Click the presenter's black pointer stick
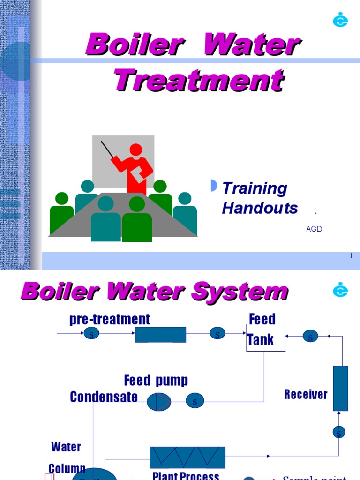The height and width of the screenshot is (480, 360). pos(107,149)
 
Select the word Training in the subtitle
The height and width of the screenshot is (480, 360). pos(255,188)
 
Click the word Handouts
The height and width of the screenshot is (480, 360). pos(260,208)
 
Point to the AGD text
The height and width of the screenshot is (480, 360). pos(314,229)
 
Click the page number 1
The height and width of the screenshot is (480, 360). pos(351,255)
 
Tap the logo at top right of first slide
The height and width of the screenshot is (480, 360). pos(340,20)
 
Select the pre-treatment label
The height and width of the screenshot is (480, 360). pos(110,319)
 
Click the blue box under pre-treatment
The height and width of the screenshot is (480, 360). pos(160,335)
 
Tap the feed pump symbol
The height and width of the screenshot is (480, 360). pos(159,402)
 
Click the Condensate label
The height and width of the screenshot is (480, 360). pos(104,397)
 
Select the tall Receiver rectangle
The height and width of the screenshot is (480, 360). pos(340,388)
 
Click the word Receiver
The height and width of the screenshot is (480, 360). pos(306,394)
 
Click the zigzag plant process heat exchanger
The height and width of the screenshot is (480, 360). pos(187,457)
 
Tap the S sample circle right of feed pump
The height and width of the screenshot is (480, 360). pos(195,401)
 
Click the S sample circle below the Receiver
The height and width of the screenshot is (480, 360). pos(339,432)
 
